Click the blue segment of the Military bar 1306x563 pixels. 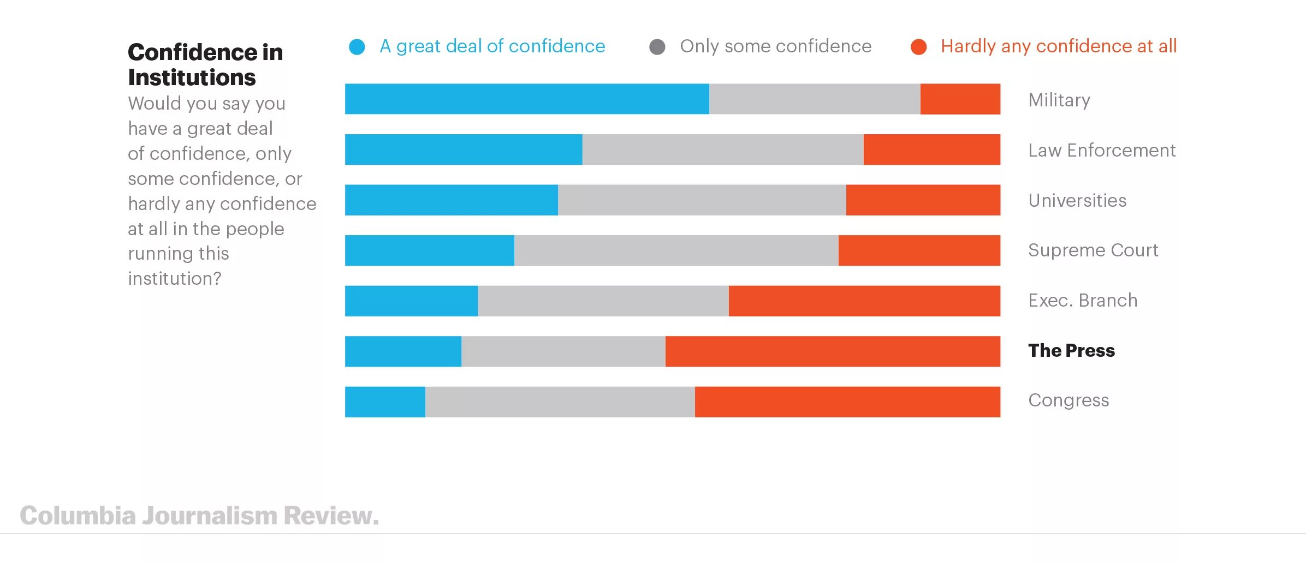(527, 99)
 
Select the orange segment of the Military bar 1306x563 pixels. (960, 99)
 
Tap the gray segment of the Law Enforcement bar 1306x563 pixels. (722, 149)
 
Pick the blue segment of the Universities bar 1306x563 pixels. (451, 200)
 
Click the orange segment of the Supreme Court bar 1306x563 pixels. (919, 250)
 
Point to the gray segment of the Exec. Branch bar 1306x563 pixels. (603, 301)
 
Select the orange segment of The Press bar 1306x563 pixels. (833, 351)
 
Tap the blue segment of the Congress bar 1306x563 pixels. (385, 402)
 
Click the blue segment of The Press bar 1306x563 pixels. (403, 351)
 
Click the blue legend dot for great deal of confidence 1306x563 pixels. (357, 47)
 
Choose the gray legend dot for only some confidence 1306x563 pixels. (657, 47)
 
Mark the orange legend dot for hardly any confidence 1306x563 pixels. (919, 47)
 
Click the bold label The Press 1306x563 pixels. (1071, 350)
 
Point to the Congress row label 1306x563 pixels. (1068, 400)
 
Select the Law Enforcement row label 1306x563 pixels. (1102, 150)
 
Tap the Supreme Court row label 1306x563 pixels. (1093, 250)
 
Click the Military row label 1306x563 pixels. (1059, 100)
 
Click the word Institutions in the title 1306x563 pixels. (192, 77)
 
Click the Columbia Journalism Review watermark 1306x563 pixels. (199, 516)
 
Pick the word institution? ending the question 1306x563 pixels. (175, 278)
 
